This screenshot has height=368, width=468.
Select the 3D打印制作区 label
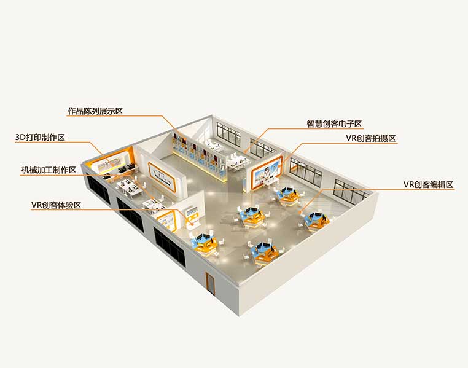point(41,137)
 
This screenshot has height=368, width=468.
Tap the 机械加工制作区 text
point(48,170)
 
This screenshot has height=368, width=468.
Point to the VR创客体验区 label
point(57,205)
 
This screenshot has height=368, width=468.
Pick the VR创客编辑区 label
point(428,184)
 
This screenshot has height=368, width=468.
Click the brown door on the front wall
point(211,284)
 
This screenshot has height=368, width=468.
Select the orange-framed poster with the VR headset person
point(266,170)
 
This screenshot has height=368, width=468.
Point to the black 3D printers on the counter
point(122,168)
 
